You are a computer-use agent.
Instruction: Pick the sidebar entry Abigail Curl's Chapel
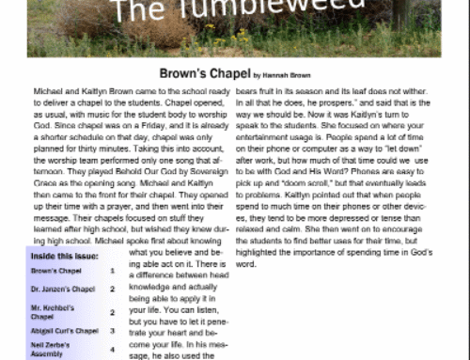[x=65, y=331]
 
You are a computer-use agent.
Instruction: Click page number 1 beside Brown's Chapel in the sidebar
[x=112, y=271]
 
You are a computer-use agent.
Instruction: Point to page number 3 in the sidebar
[x=112, y=331]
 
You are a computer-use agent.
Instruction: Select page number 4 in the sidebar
[x=112, y=349]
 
